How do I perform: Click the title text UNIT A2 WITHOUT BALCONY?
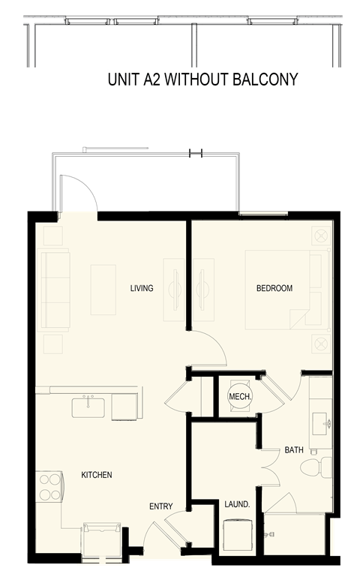coord(203,79)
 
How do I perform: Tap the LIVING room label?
coord(141,288)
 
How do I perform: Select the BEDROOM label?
coord(274,288)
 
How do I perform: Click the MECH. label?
coord(239,396)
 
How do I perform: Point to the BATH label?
coord(293,450)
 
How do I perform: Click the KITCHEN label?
coord(97,475)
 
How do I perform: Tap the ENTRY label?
coord(160,506)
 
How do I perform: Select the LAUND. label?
coord(237,505)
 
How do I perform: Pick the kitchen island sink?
coord(88,407)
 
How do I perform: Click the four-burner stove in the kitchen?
coord(49,486)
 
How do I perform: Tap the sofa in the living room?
coord(54,290)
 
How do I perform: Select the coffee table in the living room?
coord(103,290)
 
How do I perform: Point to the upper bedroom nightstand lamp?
coord(321,236)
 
